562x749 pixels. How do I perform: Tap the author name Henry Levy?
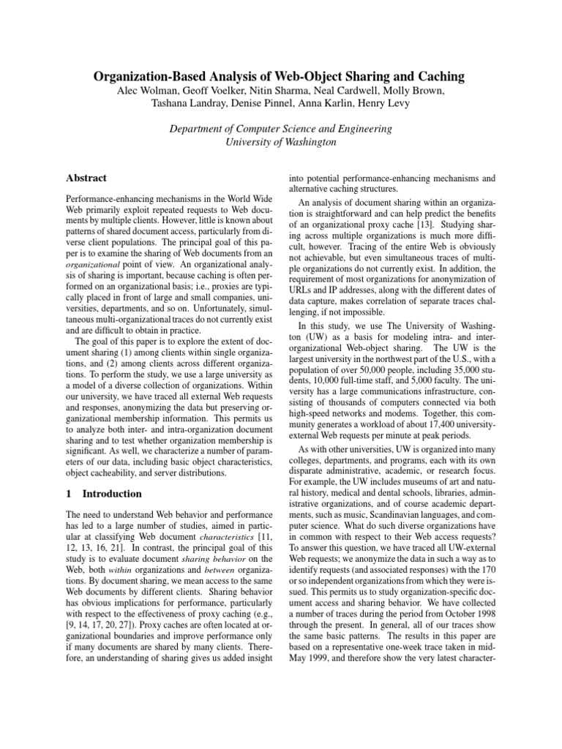[417, 103]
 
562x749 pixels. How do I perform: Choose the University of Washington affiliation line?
[280, 142]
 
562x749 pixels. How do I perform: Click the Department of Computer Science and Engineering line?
[280, 129]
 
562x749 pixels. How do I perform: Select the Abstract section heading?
[86, 178]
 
